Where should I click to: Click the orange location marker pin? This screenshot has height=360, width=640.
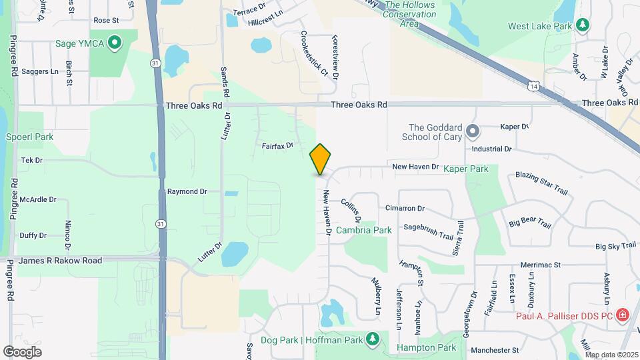tap(321, 159)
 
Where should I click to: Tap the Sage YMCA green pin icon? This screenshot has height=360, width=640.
tap(115, 44)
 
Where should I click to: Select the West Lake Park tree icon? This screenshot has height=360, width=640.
tap(583, 25)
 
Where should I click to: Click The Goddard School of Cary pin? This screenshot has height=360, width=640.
tap(473, 131)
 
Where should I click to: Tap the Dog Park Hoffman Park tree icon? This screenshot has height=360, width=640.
tap(373, 339)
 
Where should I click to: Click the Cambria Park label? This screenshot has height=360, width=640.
tap(363, 230)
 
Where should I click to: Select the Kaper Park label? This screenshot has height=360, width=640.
tap(466, 169)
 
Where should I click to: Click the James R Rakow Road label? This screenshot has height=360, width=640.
tap(61, 261)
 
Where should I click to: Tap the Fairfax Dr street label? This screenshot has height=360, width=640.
tap(277, 145)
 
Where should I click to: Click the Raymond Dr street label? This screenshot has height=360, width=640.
tap(187, 191)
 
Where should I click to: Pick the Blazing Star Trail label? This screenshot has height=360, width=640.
tap(542, 183)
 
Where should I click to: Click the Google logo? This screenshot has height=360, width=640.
tap(22, 351)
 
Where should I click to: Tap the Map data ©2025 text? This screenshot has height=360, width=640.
tap(611, 355)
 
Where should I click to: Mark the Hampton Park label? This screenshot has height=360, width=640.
tap(427, 347)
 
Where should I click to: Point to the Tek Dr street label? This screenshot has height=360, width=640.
tap(31, 161)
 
